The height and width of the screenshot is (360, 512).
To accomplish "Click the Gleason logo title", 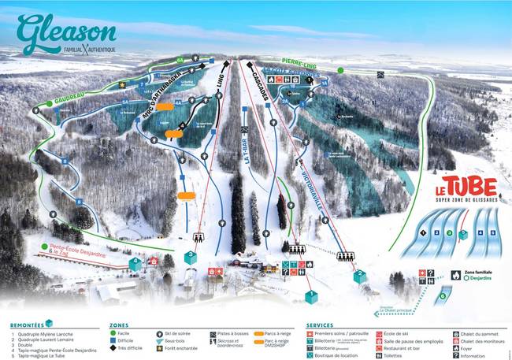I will (x=67, y=33).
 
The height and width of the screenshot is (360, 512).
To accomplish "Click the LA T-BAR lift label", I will (x=247, y=146).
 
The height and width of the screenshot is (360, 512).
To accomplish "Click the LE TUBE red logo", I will (x=467, y=187).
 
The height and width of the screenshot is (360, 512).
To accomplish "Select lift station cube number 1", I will (x=311, y=296).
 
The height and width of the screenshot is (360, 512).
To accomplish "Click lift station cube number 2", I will (x=360, y=276).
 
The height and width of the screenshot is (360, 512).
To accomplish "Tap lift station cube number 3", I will (x=190, y=257).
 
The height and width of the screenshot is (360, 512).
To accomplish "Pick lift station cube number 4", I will (x=136, y=264).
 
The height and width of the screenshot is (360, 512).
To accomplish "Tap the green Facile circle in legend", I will (x=113, y=333).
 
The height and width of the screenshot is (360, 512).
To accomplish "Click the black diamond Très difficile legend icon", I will (x=113, y=347).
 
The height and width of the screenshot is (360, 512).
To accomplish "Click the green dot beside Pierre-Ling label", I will (x=340, y=70).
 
